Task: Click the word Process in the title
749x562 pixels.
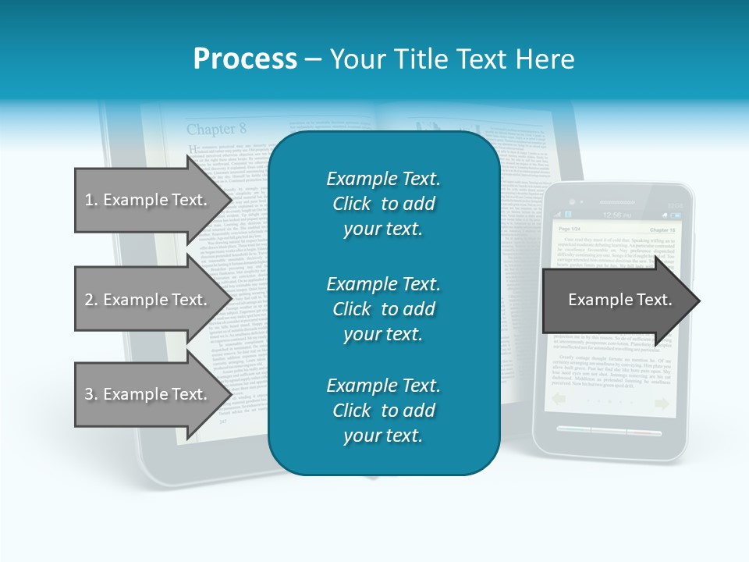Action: click(245, 59)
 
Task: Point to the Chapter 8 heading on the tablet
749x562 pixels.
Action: click(216, 129)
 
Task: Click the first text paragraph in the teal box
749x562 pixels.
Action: click(383, 204)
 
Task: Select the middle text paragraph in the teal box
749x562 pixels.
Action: click(383, 309)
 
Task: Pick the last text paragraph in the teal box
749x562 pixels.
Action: click(383, 411)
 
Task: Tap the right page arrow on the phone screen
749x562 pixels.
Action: click(662, 403)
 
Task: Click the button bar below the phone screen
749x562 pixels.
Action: click(610, 431)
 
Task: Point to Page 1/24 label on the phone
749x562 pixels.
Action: click(570, 229)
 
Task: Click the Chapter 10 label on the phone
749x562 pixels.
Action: click(662, 230)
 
